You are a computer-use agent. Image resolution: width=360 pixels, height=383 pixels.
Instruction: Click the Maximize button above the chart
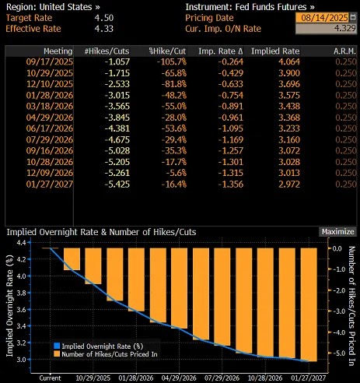pyautogui.click(x=337, y=231)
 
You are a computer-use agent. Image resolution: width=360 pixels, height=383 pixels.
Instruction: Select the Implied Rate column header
pyautogui.click(x=276, y=51)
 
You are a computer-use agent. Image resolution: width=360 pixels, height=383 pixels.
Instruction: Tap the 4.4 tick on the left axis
pyautogui.click(x=27, y=244)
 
